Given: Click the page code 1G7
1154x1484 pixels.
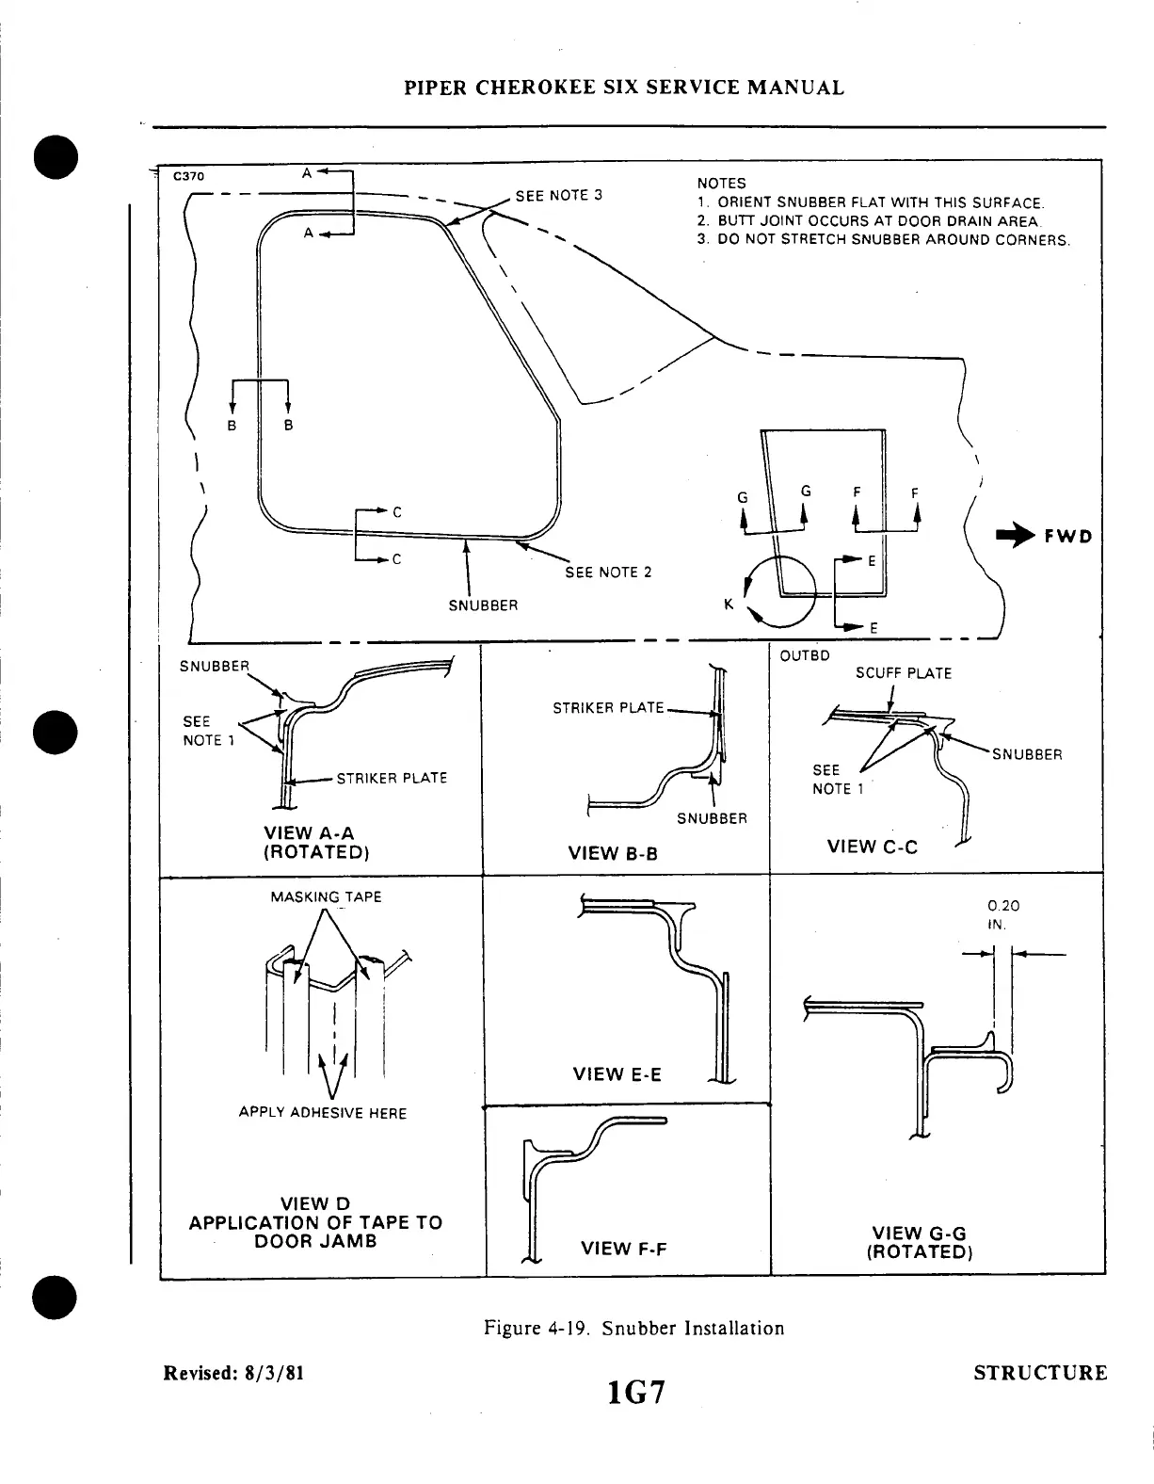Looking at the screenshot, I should tap(636, 1390).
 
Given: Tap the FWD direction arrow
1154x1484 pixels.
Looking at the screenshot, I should tap(1016, 537).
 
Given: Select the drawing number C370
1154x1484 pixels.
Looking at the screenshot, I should tap(188, 175).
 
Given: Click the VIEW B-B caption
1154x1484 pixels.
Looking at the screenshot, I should tap(612, 854).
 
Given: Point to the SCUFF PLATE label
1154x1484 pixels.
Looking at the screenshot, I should tap(903, 673).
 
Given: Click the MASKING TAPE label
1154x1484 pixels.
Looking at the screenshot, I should tap(326, 897).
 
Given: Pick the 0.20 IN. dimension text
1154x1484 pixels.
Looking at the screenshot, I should tap(997, 914).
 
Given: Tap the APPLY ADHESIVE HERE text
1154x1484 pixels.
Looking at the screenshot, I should tap(322, 1113).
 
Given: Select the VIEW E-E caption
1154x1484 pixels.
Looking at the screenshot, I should tap(617, 1074).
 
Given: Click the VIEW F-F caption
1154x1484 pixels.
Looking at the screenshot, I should tap(624, 1249).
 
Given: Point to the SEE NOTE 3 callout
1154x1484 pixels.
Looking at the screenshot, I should tap(558, 196).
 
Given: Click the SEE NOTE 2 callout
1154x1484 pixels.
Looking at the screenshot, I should tap(608, 573).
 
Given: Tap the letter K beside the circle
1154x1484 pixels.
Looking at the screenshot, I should tap(729, 605).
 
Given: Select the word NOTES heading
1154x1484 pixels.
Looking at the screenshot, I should tap(721, 184).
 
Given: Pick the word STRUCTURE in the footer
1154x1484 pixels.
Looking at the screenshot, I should tap(1040, 1373).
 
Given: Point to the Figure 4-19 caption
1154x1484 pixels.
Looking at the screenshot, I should tap(633, 1329).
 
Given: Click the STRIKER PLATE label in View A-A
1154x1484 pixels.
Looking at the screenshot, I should tap(392, 779).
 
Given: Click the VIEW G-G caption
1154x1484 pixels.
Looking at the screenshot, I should tap(919, 1242).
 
